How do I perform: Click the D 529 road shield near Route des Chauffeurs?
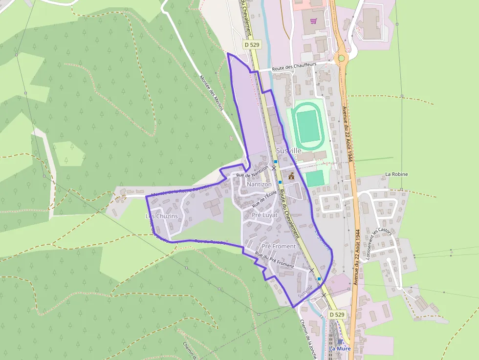(252, 45)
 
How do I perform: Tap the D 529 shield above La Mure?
(337, 315)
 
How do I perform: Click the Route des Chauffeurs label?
(294, 66)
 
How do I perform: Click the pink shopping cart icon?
(313, 21)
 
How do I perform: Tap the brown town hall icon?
(291, 175)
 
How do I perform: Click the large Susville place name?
(288, 151)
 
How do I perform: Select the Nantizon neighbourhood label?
(259, 185)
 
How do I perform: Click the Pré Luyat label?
(264, 215)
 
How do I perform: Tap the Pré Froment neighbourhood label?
(279, 246)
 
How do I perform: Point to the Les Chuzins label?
(162, 216)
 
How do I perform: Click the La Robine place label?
(396, 174)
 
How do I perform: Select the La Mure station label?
(340, 348)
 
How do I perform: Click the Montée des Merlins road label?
(212, 92)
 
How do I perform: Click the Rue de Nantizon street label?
(252, 171)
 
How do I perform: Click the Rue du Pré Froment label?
(274, 260)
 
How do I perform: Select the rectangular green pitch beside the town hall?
(315, 178)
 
